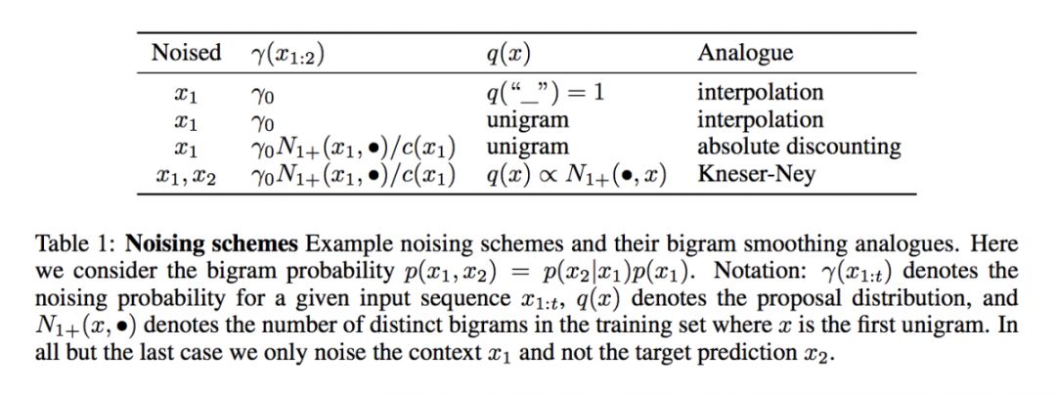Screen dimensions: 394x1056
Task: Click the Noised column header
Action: [x=186, y=53]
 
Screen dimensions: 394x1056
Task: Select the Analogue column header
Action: [x=745, y=53]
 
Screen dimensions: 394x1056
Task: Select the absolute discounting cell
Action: [x=798, y=148]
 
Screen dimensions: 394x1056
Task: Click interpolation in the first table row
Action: [x=760, y=93]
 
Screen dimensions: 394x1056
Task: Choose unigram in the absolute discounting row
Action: [x=526, y=148]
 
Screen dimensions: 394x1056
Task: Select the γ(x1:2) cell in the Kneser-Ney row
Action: [x=353, y=176]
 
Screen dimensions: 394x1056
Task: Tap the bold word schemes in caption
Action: [x=238, y=243]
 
